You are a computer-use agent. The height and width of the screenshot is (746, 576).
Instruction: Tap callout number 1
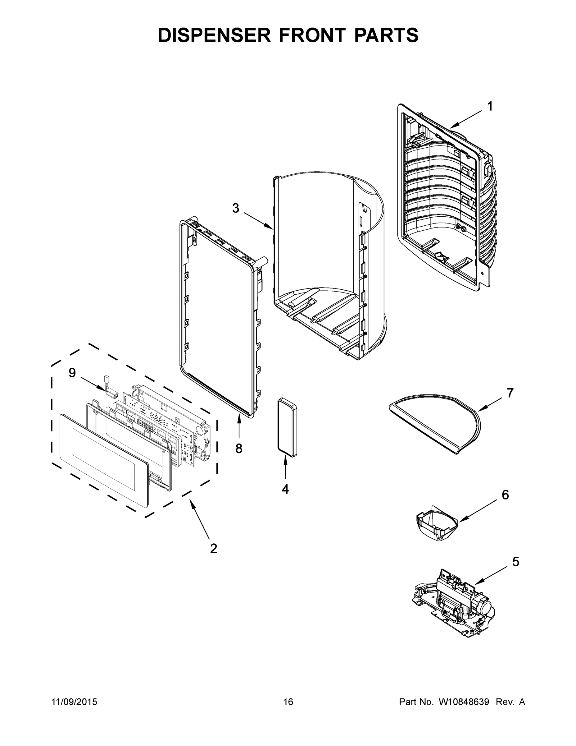click(x=490, y=107)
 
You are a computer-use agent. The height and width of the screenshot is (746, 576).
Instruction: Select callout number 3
click(x=235, y=208)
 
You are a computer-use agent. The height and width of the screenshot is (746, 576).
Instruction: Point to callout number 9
click(x=72, y=373)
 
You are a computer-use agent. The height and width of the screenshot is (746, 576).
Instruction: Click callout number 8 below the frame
click(x=238, y=449)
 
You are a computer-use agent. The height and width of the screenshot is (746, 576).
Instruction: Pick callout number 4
click(x=285, y=489)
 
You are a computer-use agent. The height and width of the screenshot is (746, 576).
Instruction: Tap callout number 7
click(x=510, y=393)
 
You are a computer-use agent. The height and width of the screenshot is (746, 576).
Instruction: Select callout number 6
click(x=505, y=495)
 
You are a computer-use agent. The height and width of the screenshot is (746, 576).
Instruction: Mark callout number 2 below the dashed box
click(x=213, y=549)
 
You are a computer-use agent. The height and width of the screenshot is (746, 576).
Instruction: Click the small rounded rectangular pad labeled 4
click(x=287, y=427)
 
